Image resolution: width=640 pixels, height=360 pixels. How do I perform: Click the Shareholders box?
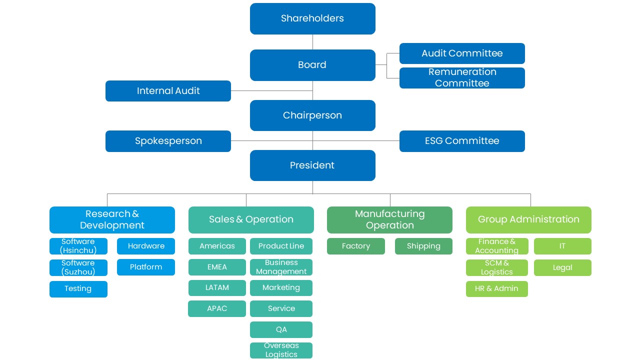point(312,18)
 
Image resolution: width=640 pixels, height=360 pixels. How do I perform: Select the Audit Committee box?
point(462,53)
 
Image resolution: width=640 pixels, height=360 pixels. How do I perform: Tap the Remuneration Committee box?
point(462,78)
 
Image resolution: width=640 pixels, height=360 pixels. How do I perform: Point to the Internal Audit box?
point(168,91)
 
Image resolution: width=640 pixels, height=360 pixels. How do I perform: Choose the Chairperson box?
point(312,115)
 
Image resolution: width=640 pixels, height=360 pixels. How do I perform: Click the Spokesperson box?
point(168,141)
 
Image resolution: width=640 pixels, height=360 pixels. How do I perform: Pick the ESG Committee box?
point(462,141)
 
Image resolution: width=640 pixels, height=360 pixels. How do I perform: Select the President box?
point(312,165)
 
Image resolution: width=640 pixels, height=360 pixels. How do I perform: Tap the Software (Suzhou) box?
point(78,267)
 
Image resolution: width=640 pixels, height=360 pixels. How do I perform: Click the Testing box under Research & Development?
point(78,289)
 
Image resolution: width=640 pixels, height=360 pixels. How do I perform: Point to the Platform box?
point(145,267)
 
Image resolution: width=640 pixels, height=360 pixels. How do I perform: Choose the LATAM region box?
point(217,287)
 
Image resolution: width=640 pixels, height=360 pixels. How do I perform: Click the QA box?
point(281,329)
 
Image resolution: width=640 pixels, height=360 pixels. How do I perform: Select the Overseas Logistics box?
point(281,350)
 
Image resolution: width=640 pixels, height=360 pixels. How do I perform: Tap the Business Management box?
point(281,267)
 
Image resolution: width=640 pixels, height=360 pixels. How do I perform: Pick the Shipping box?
point(423,246)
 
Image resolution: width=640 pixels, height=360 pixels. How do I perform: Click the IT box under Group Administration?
point(562,246)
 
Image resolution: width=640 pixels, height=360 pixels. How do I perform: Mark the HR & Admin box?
point(497,289)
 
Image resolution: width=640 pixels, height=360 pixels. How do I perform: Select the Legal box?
point(562,267)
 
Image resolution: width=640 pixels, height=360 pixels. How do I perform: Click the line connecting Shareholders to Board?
point(312,42)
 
